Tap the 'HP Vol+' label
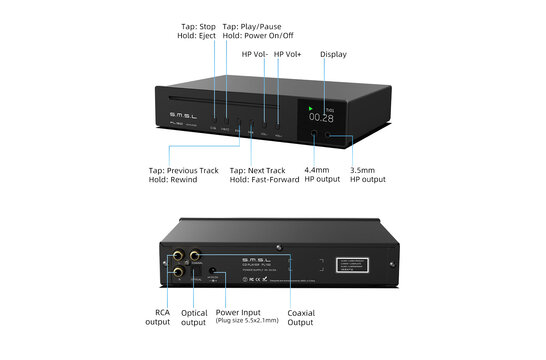click(x=289, y=54)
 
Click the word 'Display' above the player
click(x=333, y=54)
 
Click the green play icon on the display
click(x=312, y=106)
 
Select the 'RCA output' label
click(x=158, y=316)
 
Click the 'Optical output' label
click(x=194, y=316)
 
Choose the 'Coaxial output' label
click(x=301, y=316)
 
